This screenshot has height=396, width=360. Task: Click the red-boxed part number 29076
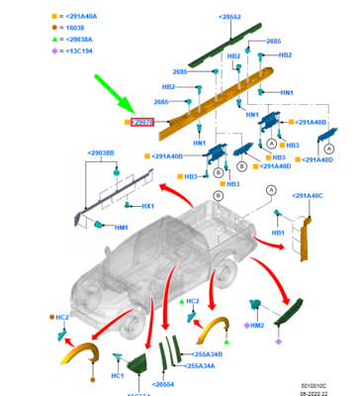click(x=141, y=122)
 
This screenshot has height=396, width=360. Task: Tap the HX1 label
click(x=147, y=205)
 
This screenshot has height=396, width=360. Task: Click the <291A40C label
click(x=309, y=196)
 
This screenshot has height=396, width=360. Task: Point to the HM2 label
click(x=256, y=325)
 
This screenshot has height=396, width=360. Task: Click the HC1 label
click(x=116, y=375)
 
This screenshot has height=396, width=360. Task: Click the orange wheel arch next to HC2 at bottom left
click(x=78, y=350)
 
